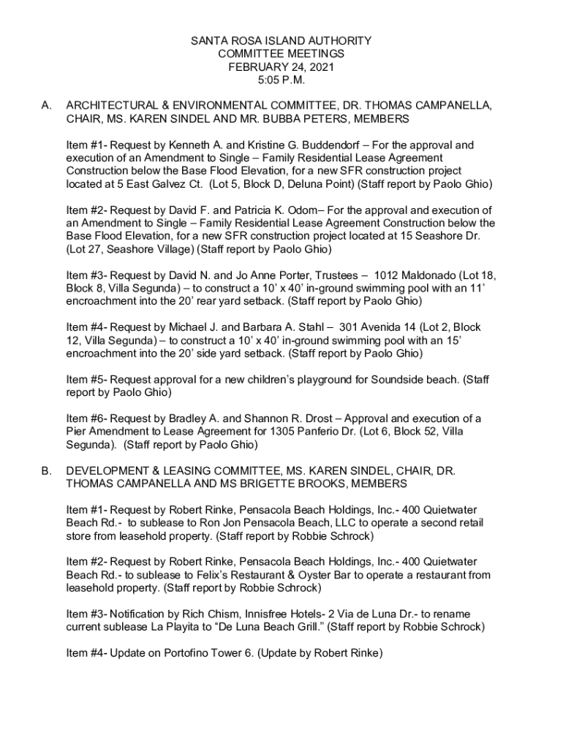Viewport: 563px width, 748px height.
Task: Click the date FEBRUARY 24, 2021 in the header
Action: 281,67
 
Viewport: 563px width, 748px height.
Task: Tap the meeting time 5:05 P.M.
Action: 281,80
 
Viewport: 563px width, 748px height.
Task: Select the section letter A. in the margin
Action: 46,106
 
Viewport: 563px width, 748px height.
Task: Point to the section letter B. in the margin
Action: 46,471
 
